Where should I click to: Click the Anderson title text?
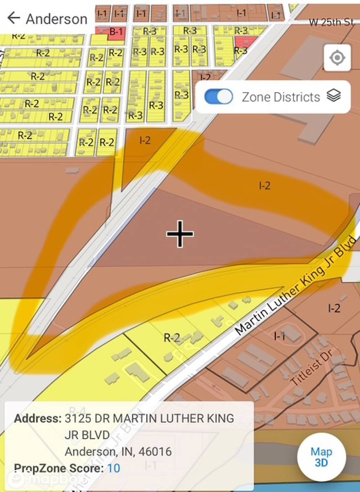click(x=56, y=18)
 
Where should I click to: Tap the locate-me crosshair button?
click(x=337, y=58)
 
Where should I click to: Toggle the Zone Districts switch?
click(x=219, y=97)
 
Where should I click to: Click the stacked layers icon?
click(x=333, y=96)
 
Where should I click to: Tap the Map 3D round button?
click(x=321, y=457)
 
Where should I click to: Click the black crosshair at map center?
click(x=180, y=234)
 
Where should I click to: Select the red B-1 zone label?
click(x=116, y=32)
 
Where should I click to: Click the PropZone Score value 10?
click(x=114, y=468)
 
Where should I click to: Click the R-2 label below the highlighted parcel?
click(x=172, y=337)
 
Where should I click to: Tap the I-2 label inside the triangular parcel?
click(x=145, y=141)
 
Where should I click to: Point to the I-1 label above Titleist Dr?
click(x=280, y=335)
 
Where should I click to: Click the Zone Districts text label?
click(x=281, y=97)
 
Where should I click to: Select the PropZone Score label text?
click(x=59, y=468)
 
